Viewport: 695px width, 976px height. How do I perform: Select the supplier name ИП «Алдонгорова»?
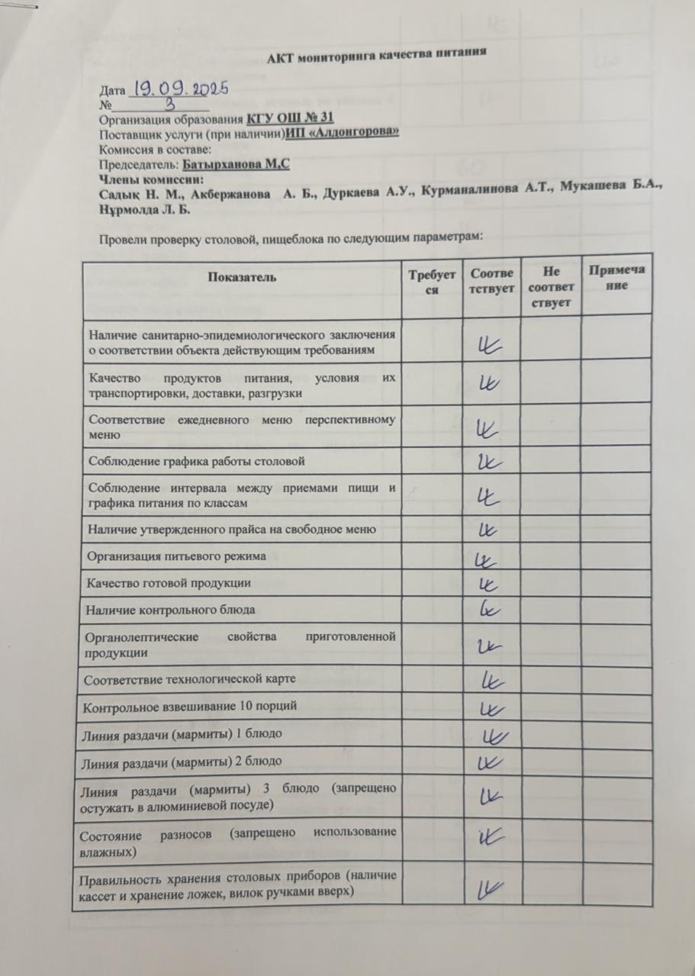click(343, 134)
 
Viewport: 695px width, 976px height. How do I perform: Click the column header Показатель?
click(240, 278)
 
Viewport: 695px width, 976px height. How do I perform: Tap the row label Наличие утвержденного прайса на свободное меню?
click(232, 529)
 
